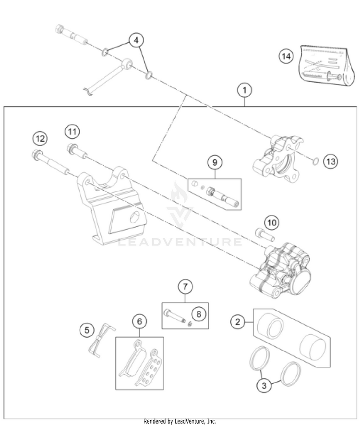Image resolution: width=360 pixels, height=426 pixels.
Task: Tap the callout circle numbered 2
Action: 237,322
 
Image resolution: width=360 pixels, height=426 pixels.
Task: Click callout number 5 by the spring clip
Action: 87,329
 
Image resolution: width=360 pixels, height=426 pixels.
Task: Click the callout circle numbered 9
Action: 215,163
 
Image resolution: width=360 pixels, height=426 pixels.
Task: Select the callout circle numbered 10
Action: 272,222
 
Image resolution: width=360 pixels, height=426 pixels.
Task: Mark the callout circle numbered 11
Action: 72,131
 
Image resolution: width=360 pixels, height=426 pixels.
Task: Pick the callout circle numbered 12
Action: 40,139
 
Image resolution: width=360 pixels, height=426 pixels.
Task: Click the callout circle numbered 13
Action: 330,161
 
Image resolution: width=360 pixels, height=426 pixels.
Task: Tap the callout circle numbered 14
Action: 286,57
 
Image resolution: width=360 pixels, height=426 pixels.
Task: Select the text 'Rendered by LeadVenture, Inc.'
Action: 180,421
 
